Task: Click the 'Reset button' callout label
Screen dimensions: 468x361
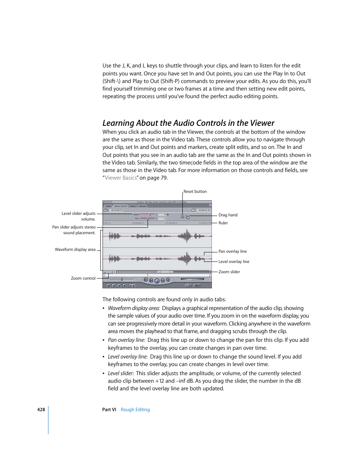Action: (195, 191)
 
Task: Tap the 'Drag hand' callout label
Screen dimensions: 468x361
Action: (228, 215)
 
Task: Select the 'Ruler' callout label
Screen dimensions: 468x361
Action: (223, 223)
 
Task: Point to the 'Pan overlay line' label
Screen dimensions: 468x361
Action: (232, 251)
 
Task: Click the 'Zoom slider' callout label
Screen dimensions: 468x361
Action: (229, 272)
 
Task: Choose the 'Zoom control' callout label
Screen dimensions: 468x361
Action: (83, 278)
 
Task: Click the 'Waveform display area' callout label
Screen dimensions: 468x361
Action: (75, 249)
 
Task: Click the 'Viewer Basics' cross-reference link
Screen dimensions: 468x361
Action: (120, 178)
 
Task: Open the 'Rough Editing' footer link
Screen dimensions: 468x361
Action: (135, 410)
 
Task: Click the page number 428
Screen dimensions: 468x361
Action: (41, 410)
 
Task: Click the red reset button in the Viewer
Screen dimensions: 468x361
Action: (182, 217)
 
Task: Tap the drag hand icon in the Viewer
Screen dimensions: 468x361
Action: (188, 217)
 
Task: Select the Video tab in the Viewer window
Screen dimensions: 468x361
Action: (108, 206)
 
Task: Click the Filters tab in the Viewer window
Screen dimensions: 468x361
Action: (133, 206)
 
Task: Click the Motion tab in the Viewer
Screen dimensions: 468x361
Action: (143, 206)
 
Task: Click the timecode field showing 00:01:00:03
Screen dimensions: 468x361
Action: (117, 210)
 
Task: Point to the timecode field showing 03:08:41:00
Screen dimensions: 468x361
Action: (204, 210)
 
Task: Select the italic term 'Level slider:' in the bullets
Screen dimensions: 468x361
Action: (121, 373)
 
